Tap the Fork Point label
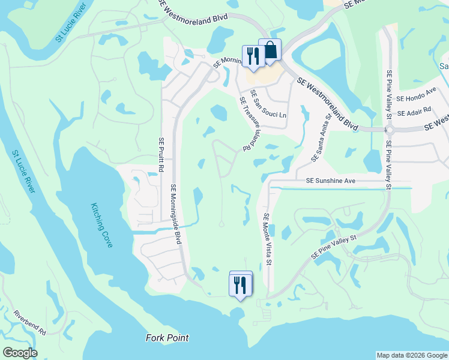point(167,338)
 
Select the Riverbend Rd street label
point(30,322)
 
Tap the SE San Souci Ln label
point(269,104)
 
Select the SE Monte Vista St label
point(268,241)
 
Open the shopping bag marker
point(270,50)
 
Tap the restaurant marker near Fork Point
point(240,284)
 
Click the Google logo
point(19,353)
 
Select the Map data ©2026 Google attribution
point(412,355)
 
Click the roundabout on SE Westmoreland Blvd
point(389,129)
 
